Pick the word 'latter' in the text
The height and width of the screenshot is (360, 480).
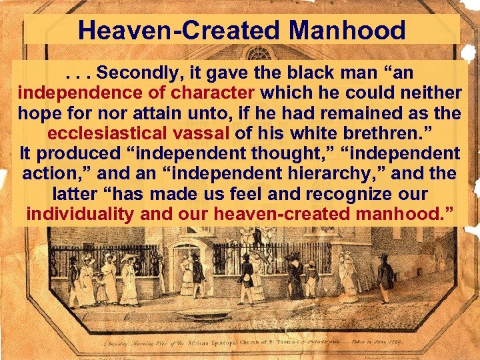pyautogui.click(x=76, y=194)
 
